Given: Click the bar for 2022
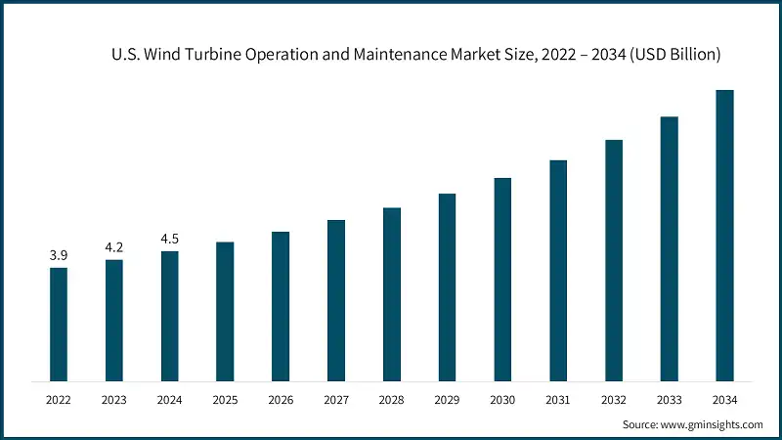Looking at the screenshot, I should click(x=59, y=324).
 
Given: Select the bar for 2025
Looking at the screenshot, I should click(x=225, y=311).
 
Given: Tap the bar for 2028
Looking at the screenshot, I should click(x=391, y=293).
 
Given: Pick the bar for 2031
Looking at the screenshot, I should click(x=558, y=270).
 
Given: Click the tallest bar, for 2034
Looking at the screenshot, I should click(x=724, y=235).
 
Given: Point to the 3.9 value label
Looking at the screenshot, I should click(x=59, y=255).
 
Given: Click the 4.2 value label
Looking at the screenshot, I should click(x=114, y=247).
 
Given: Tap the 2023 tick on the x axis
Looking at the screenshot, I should click(x=114, y=400).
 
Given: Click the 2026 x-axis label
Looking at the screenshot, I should click(x=281, y=400).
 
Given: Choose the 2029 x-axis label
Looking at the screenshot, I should click(x=447, y=400).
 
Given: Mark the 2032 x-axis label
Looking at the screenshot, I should click(x=614, y=400).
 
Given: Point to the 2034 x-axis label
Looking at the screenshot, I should click(x=724, y=400).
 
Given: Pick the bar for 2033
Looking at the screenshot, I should click(x=669, y=248).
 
